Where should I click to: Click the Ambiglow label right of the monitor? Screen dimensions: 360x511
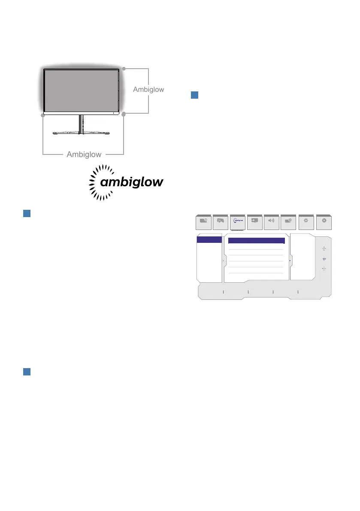(148, 90)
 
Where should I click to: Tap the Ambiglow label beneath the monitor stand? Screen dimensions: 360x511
(84, 154)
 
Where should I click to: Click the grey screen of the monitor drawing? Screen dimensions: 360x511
(81, 90)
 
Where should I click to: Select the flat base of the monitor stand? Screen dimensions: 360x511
(79, 133)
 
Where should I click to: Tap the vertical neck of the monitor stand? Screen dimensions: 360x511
(80, 123)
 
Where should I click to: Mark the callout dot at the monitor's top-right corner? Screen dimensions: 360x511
(124, 69)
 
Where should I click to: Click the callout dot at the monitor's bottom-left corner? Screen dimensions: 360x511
(43, 116)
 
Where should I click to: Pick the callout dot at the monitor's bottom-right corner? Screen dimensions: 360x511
(124, 114)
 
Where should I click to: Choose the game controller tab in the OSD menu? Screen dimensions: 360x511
(221, 221)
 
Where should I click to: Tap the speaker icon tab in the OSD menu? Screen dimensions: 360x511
(272, 221)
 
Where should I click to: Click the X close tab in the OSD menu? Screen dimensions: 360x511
(324, 221)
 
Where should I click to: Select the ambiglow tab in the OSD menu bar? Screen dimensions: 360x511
(238, 221)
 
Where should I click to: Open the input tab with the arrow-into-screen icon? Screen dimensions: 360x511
(255, 221)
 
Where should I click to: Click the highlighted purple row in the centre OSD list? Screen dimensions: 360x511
(256, 241)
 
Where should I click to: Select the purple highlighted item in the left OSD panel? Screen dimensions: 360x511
(209, 239)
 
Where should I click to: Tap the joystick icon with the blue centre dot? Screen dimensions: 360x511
(324, 259)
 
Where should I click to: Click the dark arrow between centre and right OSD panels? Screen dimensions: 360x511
(290, 261)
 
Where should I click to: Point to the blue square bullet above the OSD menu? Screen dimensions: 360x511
(194, 96)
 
